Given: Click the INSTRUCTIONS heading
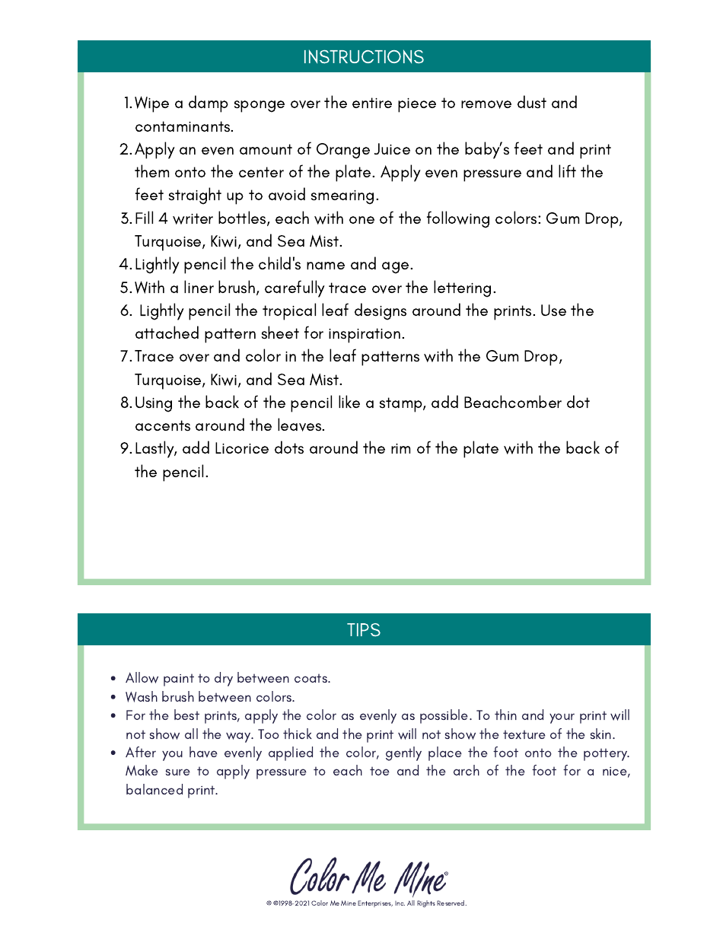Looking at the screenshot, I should (x=363, y=57).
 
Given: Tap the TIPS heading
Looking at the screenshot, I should (x=363, y=630).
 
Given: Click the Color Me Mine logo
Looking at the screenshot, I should (x=368, y=877).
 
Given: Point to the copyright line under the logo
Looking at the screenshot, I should (x=366, y=904).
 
